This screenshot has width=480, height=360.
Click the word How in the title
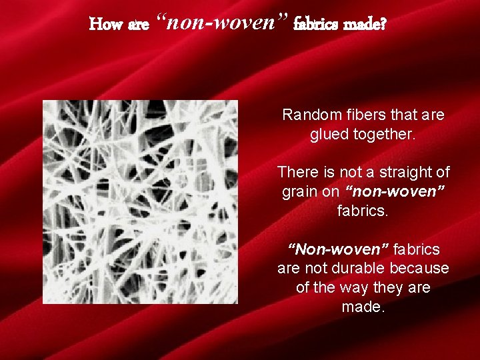pyautogui.click(x=105, y=25)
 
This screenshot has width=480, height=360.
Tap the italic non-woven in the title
pyautogui.click(x=223, y=24)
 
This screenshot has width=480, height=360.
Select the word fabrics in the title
pyautogui.click(x=317, y=25)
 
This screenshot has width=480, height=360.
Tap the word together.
pyautogui.click(x=384, y=134)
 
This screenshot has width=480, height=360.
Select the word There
pyautogui.click(x=298, y=172)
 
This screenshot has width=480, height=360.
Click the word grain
pyautogui.click(x=300, y=192)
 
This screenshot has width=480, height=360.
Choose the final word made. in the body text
pyautogui.click(x=363, y=307)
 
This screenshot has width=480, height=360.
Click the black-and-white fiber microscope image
pyautogui.click(x=140, y=202)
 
